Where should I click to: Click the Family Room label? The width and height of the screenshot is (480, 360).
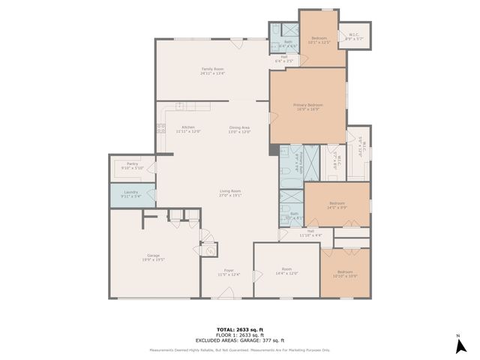[x=213, y=71]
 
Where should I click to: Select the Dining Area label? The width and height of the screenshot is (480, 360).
[x=239, y=128]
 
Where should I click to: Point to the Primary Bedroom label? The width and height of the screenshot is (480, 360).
[x=307, y=106]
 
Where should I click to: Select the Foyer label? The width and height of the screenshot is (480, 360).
[x=229, y=272]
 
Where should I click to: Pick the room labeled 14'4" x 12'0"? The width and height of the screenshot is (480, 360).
[x=286, y=271]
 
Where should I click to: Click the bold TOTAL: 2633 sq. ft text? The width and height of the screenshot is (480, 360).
[x=240, y=329]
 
